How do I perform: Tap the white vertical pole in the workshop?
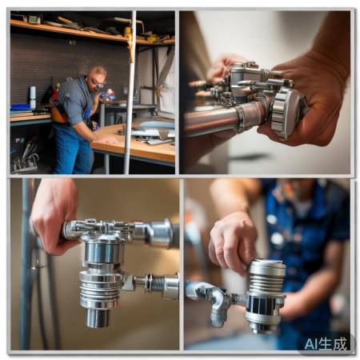pos(130,93)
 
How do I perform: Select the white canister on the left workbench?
pos(33,97)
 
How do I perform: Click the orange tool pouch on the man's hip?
pos(58,114)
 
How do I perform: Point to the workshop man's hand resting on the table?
pos(107,139)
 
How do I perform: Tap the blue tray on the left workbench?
pos(21,107)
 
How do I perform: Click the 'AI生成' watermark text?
pos(326,344)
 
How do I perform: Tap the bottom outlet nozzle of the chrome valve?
pos(98,318)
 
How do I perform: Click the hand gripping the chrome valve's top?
pos(54,214)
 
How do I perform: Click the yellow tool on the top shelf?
pos(128,33)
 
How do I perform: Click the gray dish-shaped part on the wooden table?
pos(158,125)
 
